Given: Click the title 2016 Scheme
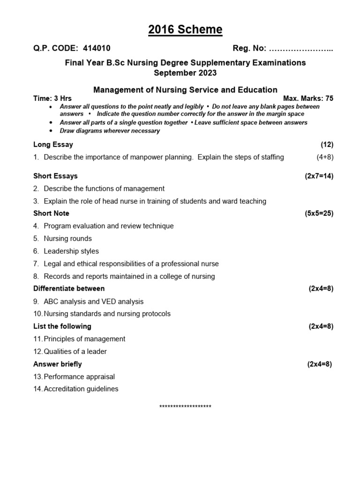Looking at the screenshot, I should click(x=185, y=30).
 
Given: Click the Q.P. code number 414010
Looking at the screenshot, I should click(x=97, y=48).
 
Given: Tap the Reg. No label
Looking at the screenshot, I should click(x=249, y=48).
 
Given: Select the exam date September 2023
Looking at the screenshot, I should click(x=185, y=73).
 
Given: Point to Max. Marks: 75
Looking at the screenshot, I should click(x=308, y=98).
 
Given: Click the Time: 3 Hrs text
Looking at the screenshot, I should click(x=52, y=98).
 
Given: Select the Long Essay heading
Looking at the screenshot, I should click(x=53, y=144).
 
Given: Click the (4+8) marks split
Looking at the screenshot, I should click(x=325, y=157).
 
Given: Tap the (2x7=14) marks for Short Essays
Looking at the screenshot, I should click(x=319, y=176).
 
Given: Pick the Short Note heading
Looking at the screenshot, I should click(x=51, y=213).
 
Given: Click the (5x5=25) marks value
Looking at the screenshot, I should click(x=319, y=213).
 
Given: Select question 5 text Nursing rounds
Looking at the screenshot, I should click(x=67, y=239).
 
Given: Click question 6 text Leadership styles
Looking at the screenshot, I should click(x=71, y=251).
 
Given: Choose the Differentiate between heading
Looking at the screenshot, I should click(x=69, y=288).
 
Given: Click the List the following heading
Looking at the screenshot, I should click(x=62, y=326).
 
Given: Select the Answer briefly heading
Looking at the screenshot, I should click(x=57, y=364).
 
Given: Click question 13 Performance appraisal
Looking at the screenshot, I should click(x=79, y=376).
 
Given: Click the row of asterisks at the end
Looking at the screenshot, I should click(x=185, y=406).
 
